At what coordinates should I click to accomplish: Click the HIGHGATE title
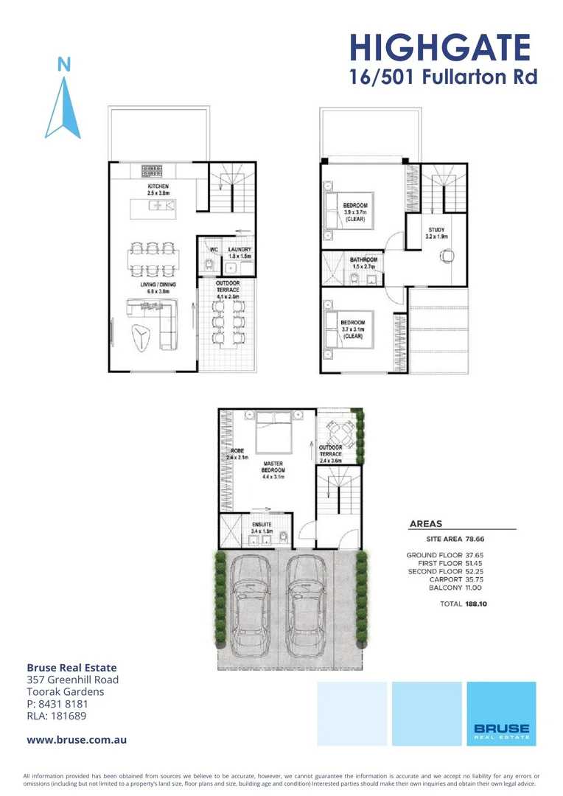click(440, 48)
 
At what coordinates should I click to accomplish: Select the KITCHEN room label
click(158, 187)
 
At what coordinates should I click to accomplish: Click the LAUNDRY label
click(239, 250)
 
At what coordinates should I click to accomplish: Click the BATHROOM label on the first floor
click(364, 260)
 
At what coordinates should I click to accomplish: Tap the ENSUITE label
click(262, 525)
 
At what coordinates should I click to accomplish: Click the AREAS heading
click(425, 524)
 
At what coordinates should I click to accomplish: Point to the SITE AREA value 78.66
click(478, 540)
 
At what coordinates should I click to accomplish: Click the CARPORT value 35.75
click(478, 579)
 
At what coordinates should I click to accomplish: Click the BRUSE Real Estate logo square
click(501, 713)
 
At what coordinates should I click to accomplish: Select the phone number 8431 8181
click(66, 703)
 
